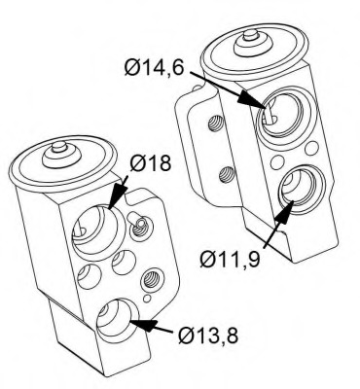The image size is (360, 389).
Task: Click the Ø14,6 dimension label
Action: pyautogui.click(x=155, y=68)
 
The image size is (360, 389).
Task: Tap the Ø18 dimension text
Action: pyautogui.click(x=151, y=163)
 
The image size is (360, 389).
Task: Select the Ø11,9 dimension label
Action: pyautogui.click(x=230, y=260)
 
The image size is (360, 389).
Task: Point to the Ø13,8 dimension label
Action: pyautogui.click(x=208, y=336)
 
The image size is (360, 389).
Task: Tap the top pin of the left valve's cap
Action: pyautogui.click(x=59, y=147)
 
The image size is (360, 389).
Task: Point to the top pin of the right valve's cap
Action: pyautogui.click(x=250, y=34)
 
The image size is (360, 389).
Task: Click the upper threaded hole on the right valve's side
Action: pyautogui.click(x=215, y=124)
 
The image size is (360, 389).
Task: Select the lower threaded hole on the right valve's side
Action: pyautogui.click(x=227, y=174)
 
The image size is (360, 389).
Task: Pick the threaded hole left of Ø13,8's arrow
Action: pyautogui.click(x=150, y=279)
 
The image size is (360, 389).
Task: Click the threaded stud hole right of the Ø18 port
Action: pyautogui.click(x=140, y=227)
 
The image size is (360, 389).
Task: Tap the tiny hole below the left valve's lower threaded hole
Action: pyautogui.click(x=148, y=299)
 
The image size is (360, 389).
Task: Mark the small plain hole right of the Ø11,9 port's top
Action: pyautogui.click(x=311, y=148)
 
